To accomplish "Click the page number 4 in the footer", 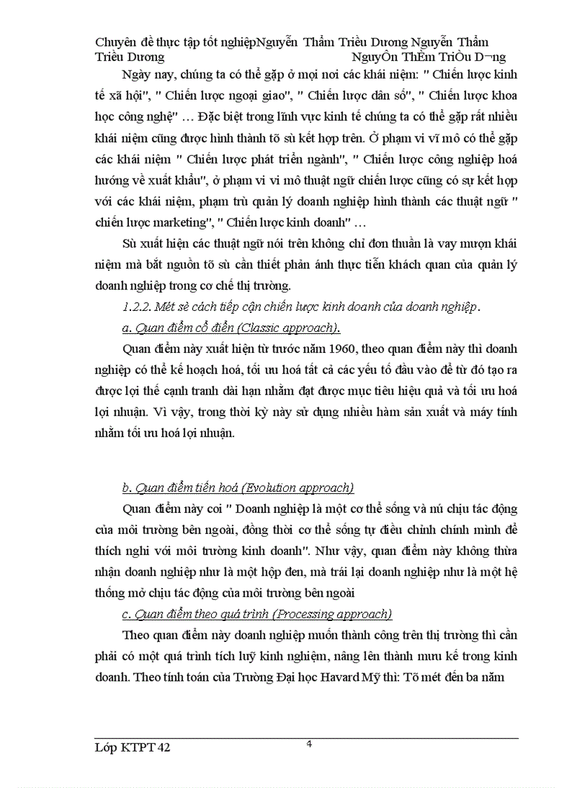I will click(309, 744).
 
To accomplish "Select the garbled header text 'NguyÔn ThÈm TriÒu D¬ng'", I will click(430, 57).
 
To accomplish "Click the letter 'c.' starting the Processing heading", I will click(126, 614).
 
